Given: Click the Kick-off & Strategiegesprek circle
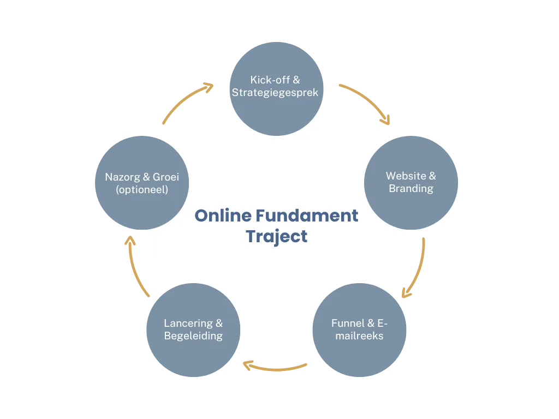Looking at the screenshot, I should tap(275, 87).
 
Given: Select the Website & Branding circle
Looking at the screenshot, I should tap(411, 183).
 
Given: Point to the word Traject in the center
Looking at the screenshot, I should tap(276, 237).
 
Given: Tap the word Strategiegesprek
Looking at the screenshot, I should tap(275, 92).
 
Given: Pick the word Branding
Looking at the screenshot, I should tap(411, 189).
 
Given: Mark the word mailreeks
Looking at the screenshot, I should tap(359, 336).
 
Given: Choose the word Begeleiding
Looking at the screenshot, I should tap(193, 336).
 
